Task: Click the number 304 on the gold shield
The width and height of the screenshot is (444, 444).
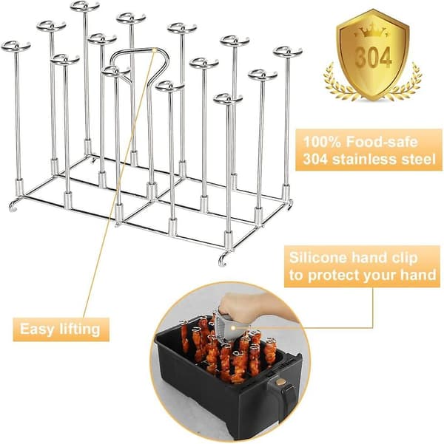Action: pos(373,58)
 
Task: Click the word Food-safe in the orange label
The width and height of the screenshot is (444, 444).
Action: pos(382,142)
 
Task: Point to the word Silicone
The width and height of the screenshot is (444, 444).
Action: pos(317,258)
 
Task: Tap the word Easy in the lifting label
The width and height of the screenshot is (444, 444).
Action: pos(37,329)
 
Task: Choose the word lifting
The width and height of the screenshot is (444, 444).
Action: pos(79,329)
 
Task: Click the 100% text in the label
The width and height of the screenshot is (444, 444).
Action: pos(322,142)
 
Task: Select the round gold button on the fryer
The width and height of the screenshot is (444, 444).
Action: pos(281,382)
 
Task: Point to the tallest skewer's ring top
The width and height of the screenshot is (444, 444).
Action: pos(85,6)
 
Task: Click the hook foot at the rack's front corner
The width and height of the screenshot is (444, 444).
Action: pos(223,260)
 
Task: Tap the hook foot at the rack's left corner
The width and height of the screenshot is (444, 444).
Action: pos(13,205)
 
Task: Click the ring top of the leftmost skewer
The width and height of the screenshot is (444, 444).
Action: pos(16,46)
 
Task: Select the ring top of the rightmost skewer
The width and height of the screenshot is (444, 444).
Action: pos(288,52)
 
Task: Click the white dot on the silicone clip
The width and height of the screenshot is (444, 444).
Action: pos(233,327)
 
